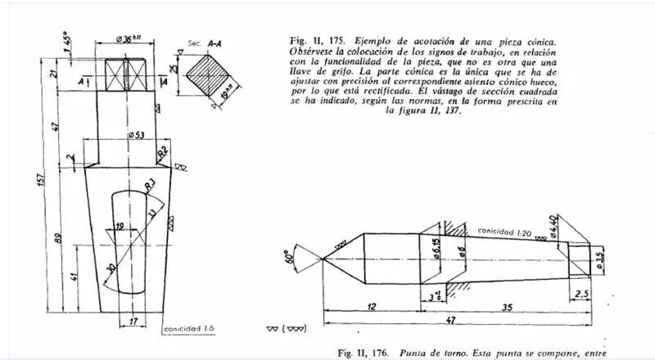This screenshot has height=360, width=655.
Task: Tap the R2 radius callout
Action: [x=163, y=152]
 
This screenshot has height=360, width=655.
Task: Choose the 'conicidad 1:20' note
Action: [x=507, y=232]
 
